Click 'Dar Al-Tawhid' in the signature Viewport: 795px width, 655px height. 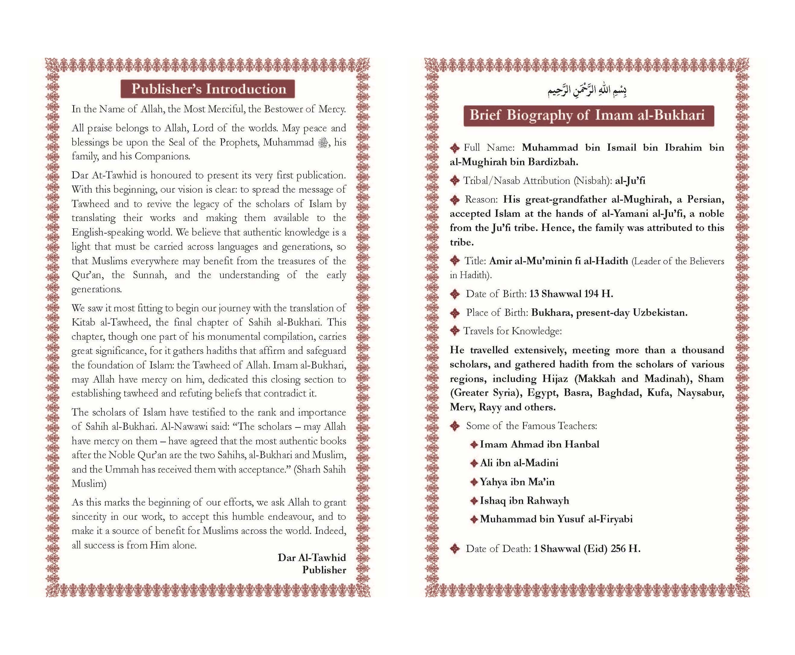(x=311, y=558)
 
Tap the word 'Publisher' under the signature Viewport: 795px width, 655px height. (x=324, y=570)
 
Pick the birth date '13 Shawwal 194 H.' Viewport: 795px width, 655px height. (x=571, y=293)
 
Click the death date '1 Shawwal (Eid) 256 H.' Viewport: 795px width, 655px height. (x=587, y=549)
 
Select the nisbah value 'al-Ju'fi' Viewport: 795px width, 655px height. (x=630, y=181)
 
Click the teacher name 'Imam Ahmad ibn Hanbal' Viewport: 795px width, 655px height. (x=539, y=445)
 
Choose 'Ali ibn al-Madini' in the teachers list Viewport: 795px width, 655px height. (x=519, y=463)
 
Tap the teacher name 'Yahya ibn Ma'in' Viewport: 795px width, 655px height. (x=517, y=482)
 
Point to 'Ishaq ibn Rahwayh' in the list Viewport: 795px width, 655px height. (x=524, y=501)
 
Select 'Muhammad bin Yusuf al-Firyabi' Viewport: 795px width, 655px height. (x=556, y=519)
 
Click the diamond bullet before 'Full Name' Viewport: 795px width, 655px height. (x=455, y=148)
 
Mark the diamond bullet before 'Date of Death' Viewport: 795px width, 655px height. (x=455, y=549)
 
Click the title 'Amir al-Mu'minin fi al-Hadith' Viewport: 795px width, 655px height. (x=559, y=261)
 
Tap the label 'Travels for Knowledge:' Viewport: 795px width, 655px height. (x=512, y=331)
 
